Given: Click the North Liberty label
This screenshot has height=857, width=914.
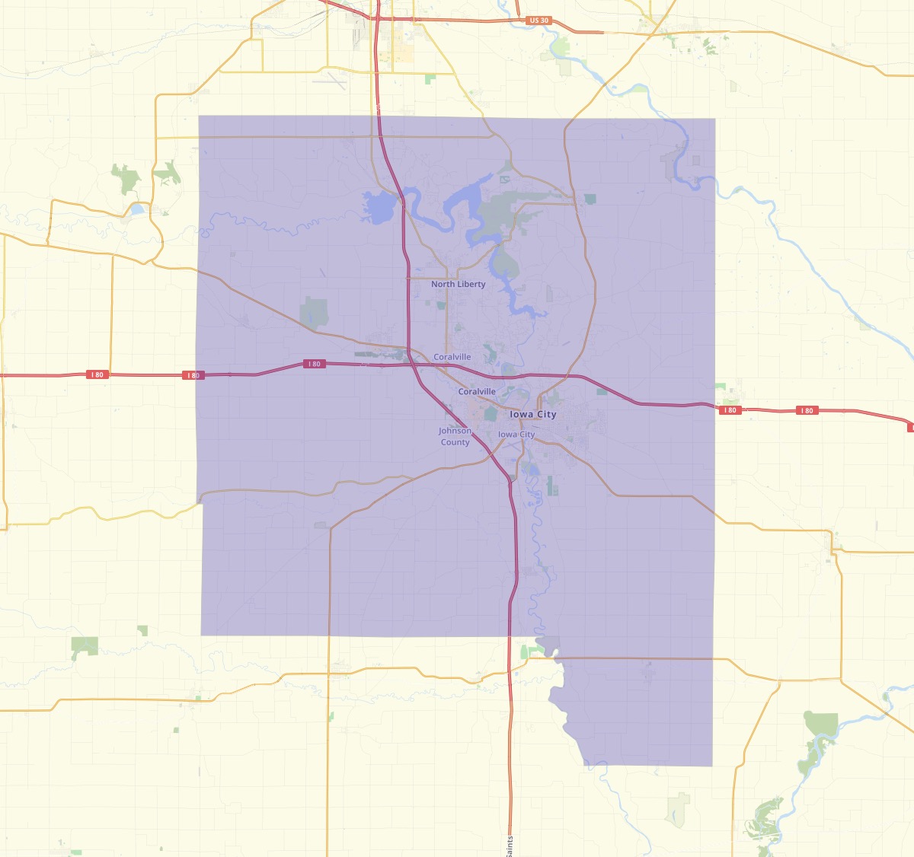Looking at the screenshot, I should coord(458,284).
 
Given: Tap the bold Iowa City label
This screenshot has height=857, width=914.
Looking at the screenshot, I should coord(533,414).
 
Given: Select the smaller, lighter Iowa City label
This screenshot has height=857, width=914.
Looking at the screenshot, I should coord(516,435).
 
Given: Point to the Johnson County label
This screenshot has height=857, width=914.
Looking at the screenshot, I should coord(455,436).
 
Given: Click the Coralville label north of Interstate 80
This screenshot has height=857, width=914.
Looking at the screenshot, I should coord(452,357).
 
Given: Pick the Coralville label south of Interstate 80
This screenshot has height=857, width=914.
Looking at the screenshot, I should coord(477,391).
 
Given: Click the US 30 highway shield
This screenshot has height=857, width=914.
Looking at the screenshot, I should coord(538,21).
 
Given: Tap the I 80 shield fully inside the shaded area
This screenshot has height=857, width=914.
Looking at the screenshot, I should coord(315,364).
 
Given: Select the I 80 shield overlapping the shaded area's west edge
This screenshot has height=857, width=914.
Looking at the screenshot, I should coord(193,375).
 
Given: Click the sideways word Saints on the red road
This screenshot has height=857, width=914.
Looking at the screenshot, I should coord(510,845).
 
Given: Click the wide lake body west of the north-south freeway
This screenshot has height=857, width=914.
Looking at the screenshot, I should coord(379,206).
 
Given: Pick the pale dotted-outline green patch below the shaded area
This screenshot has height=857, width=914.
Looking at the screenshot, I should coord(677,809).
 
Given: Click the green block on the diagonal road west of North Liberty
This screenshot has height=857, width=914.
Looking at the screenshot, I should coord(314,311).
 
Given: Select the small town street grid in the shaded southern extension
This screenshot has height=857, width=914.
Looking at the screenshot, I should coord(648,671).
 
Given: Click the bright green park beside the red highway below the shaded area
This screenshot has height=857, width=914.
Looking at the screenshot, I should coord(524,652).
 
